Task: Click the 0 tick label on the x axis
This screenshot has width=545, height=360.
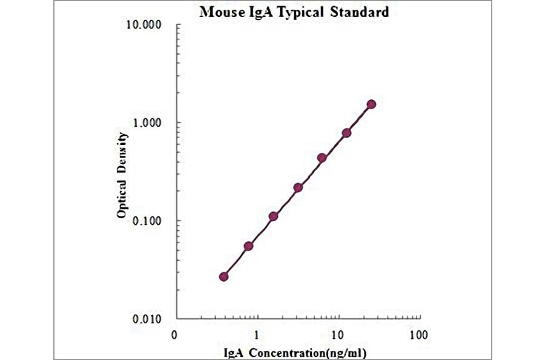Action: point(174,335)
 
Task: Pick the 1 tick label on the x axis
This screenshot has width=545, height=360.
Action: point(257,335)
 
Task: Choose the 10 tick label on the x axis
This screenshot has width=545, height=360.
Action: point(337,335)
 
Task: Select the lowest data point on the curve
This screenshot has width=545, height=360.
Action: point(224,276)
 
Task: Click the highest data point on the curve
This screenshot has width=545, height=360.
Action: point(371,104)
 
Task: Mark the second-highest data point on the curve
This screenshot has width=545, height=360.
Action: point(346,133)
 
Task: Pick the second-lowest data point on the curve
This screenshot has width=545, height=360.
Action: point(248,245)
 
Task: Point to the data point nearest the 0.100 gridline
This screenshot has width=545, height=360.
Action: point(273,216)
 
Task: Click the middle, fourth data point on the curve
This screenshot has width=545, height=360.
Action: point(298,187)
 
